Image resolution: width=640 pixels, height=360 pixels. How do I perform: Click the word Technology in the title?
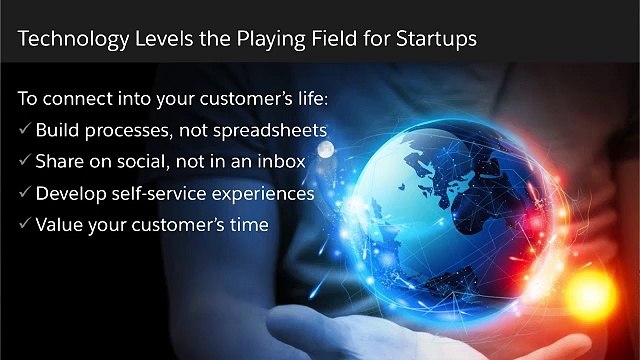(69, 39)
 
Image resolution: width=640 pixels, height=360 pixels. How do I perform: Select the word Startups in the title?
(432, 39)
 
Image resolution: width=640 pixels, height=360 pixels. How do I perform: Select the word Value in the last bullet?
(59, 224)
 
